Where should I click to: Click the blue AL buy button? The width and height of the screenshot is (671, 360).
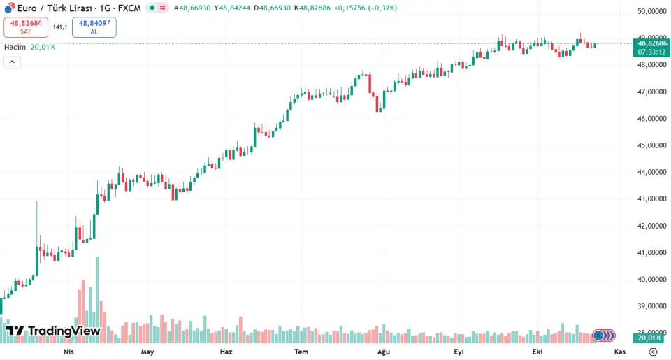click(x=94, y=27)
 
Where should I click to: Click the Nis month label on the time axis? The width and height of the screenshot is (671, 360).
click(x=68, y=352)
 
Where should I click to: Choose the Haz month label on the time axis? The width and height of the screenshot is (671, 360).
click(x=226, y=352)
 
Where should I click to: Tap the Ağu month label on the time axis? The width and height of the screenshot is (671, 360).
click(x=382, y=352)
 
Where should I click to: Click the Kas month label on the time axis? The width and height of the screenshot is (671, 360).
click(x=620, y=352)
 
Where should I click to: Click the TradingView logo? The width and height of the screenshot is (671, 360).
click(x=53, y=331)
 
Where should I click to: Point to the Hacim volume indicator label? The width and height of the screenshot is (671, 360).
click(x=15, y=47)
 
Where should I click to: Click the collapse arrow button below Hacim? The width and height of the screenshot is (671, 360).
click(x=12, y=62)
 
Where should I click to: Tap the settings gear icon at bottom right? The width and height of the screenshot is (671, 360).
click(x=653, y=352)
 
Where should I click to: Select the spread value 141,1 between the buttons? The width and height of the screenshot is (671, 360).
click(x=60, y=27)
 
